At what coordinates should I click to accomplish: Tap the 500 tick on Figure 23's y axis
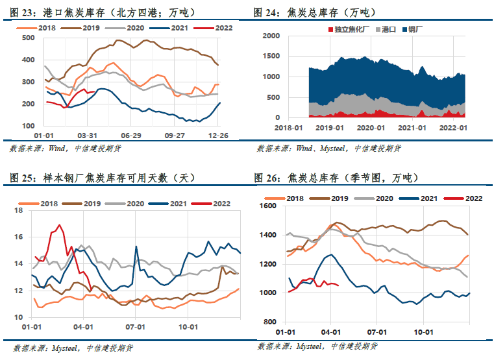[29, 38]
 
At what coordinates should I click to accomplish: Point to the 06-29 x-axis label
[131, 136]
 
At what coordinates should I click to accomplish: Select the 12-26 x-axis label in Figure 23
[218, 136]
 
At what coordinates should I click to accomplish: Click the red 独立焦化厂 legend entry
[349, 30]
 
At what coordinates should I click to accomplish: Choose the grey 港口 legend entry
[386, 30]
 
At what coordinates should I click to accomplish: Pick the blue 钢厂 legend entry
[412, 30]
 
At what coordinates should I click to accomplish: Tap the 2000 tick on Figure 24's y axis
[271, 36]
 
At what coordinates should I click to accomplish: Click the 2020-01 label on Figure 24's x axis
[371, 128]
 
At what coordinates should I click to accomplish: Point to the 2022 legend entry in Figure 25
[212, 204]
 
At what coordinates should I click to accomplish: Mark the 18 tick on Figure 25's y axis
[19, 210]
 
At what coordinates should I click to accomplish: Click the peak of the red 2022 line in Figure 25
[59, 224]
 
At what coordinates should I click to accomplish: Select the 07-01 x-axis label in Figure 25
[136, 327]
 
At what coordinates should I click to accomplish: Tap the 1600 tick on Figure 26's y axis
[268, 206]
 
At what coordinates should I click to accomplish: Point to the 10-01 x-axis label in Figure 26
[423, 332]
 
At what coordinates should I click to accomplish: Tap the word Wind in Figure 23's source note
[56, 149]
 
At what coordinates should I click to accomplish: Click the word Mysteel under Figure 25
[64, 348]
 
